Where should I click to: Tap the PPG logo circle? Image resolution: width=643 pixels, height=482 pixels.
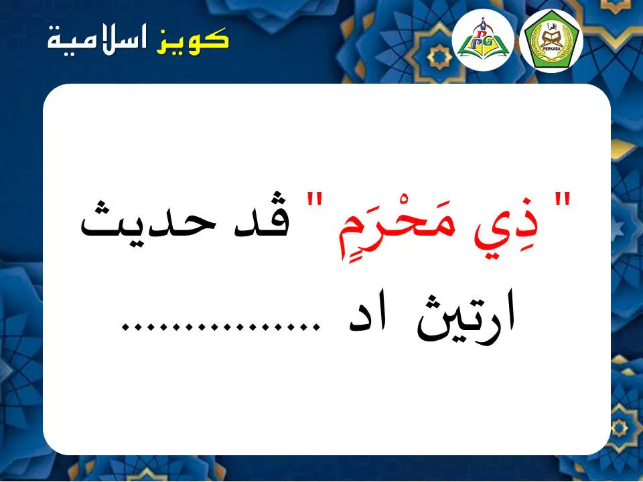click(x=483, y=39)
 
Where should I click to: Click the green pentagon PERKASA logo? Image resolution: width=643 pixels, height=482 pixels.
click(x=551, y=41)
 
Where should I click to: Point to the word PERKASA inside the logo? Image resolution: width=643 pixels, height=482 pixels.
click(x=551, y=48)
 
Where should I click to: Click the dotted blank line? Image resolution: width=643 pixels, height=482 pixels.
click(x=221, y=326)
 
